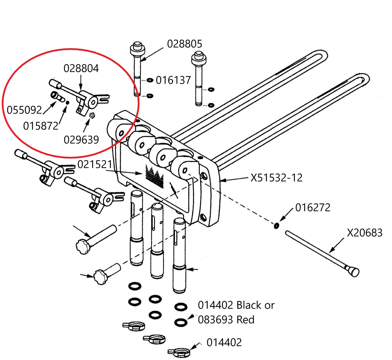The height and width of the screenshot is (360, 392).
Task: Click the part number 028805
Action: (184, 44)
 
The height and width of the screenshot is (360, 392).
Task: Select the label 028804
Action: (81, 68)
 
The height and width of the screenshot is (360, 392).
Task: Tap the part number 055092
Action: (24, 110)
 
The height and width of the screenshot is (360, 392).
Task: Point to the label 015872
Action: (41, 126)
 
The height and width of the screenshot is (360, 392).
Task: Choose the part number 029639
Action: (81, 140)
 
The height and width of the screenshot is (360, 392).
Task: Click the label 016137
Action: (173, 80)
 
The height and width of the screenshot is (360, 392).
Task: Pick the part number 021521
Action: (95, 165)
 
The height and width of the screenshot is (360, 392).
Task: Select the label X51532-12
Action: (276, 178)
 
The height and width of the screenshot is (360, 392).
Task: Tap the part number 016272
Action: (313, 208)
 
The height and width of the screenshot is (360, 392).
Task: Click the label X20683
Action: (365, 233)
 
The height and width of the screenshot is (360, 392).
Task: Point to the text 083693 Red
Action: (226, 320)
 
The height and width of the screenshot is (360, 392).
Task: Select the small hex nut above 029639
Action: (92, 115)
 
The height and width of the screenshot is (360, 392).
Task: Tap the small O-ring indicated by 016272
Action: (276, 226)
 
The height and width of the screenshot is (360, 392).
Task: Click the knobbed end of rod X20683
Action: (353, 271)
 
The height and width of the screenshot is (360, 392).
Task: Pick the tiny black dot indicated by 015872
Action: (68, 103)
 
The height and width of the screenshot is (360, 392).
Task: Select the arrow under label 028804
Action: (81, 83)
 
